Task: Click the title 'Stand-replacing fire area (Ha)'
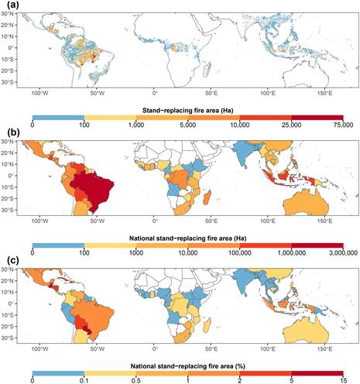pyautogui.click(x=187, y=111)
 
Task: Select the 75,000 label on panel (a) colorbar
pyautogui.click(x=343, y=125)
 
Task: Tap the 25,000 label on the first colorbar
pyautogui.click(x=291, y=125)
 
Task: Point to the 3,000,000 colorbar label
pyautogui.click(x=343, y=252)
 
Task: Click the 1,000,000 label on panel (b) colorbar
pyautogui.click(x=291, y=252)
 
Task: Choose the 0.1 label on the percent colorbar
pyautogui.click(x=84, y=381)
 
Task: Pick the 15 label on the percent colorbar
pyautogui.click(x=343, y=381)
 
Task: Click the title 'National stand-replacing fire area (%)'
pyautogui.click(x=187, y=366)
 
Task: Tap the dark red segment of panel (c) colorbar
pyautogui.click(x=317, y=373)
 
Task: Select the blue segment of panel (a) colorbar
pyautogui.click(x=58, y=118)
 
